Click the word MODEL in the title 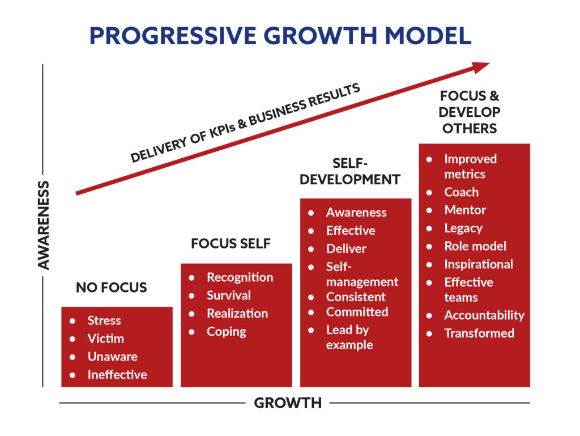click(428, 36)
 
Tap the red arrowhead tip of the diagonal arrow click(489, 64)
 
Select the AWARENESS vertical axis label click(44, 225)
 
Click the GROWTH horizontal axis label click(288, 403)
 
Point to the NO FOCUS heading click(112, 287)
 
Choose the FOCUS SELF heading click(231, 244)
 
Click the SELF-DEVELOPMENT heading click(350, 171)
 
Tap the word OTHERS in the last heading click(470, 129)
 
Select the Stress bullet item click(104, 320)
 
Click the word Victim click(106, 338)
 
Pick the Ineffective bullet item click(117, 375)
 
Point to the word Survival click(229, 295)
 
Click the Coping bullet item click(227, 332)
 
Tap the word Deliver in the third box click(346, 249)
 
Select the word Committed click(357, 312)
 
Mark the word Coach click(461, 192)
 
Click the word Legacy click(463, 228)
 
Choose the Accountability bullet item click(484, 315)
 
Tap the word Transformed click(479, 333)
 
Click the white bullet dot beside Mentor click(429, 210)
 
